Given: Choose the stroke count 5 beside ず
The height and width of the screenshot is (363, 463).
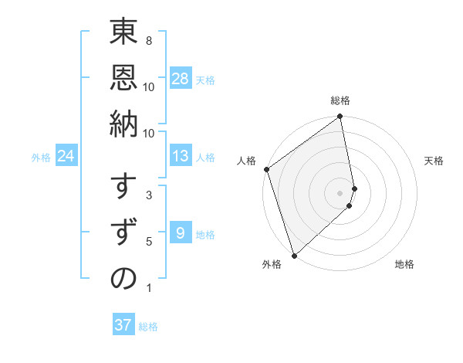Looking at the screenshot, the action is click(148, 242).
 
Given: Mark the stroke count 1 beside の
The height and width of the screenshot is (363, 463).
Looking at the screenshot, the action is click(148, 288).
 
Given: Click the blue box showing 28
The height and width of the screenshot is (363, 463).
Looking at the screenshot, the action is click(181, 79).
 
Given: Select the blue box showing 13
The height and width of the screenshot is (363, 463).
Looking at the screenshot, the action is click(181, 156).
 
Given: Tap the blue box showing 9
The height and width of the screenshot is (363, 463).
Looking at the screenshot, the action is click(181, 233).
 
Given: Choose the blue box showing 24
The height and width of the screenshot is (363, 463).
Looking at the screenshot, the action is click(66, 156).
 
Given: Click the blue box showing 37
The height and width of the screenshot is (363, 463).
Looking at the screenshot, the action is click(123, 325).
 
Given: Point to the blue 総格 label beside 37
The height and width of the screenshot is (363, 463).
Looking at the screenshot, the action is click(148, 327).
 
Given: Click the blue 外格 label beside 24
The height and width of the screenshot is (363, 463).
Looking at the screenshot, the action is click(41, 158).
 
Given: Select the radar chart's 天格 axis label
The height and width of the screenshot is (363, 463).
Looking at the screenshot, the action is click(434, 161).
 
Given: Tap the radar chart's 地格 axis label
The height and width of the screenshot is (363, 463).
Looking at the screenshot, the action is click(404, 264).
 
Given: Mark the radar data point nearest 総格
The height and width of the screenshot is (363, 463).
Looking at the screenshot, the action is click(340, 117).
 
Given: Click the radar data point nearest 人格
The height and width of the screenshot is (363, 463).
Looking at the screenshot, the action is click(266, 169).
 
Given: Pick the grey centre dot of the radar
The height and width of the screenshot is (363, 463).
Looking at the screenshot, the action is click(340, 192).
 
